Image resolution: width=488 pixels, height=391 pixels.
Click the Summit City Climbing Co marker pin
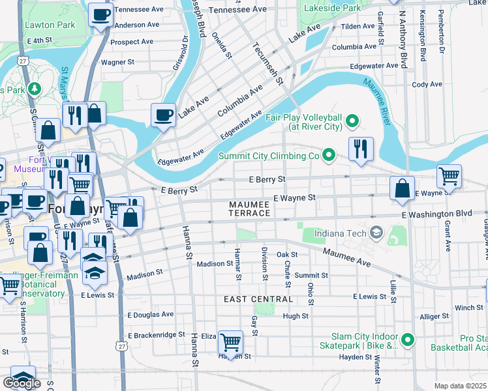[x=329, y=156]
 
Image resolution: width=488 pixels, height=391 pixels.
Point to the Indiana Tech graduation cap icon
[x=376, y=232]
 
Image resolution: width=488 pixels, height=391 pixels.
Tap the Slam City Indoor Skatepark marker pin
[x=408, y=340]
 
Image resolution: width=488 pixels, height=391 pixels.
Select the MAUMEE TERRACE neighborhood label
[x=249, y=209]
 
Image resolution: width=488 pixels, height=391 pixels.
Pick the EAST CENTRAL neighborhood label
[x=258, y=299]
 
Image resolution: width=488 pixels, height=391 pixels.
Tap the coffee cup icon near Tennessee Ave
[x=100, y=14]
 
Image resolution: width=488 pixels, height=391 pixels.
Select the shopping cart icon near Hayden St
[x=230, y=341]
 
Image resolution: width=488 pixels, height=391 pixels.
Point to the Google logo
[x=22, y=383]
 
